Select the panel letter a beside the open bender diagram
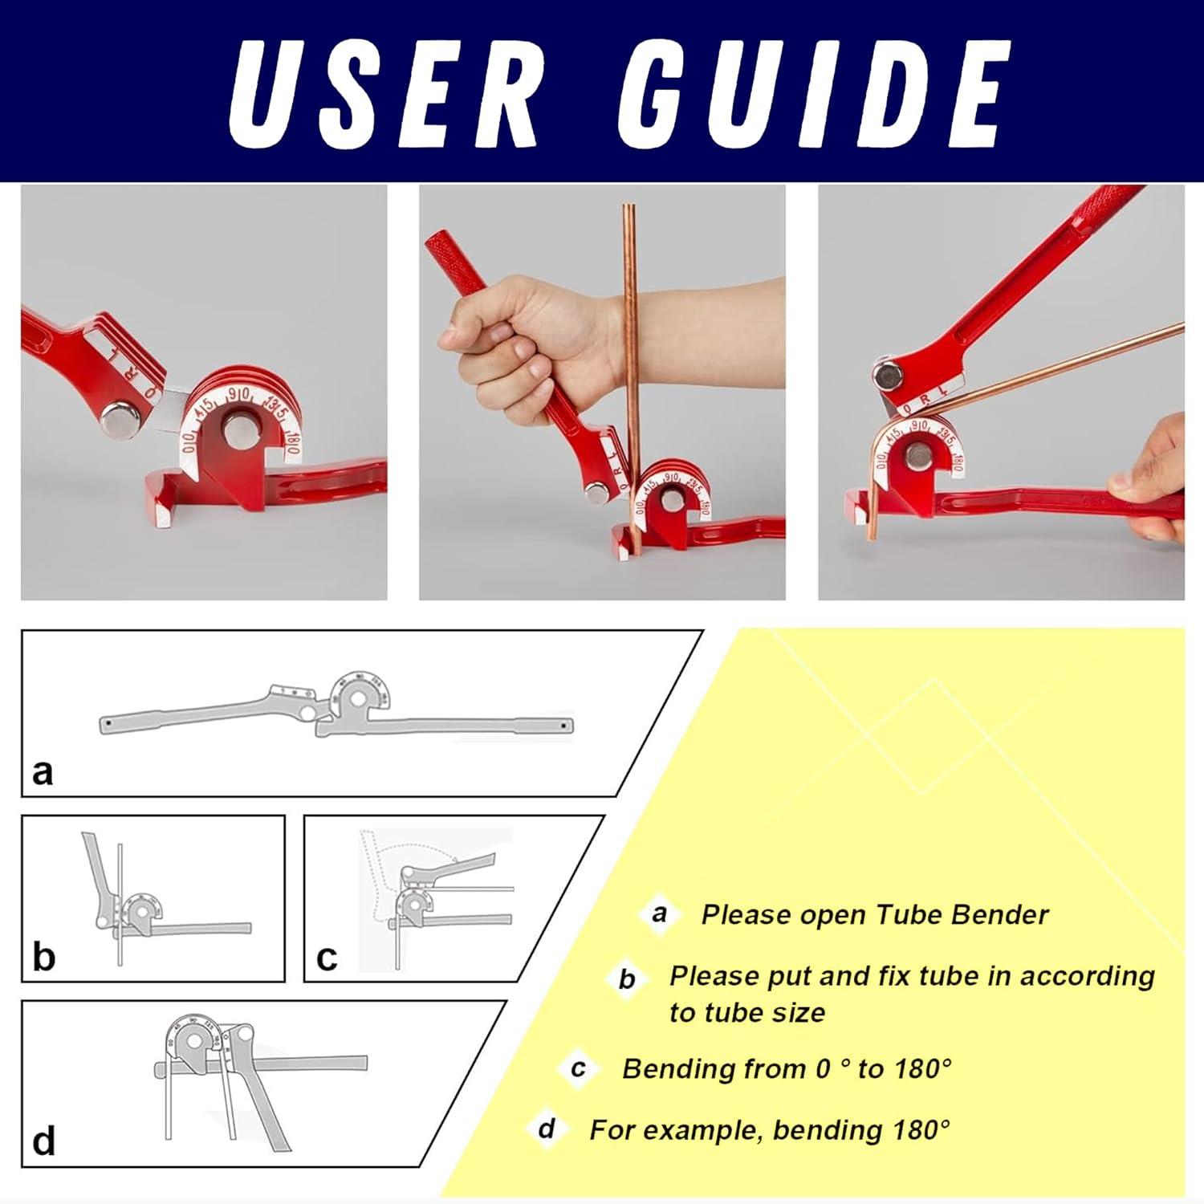click(x=43, y=771)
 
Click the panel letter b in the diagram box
click(x=43, y=956)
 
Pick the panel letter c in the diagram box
click(x=327, y=958)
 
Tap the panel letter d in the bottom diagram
click(x=43, y=1141)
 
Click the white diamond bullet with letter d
click(x=547, y=1129)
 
